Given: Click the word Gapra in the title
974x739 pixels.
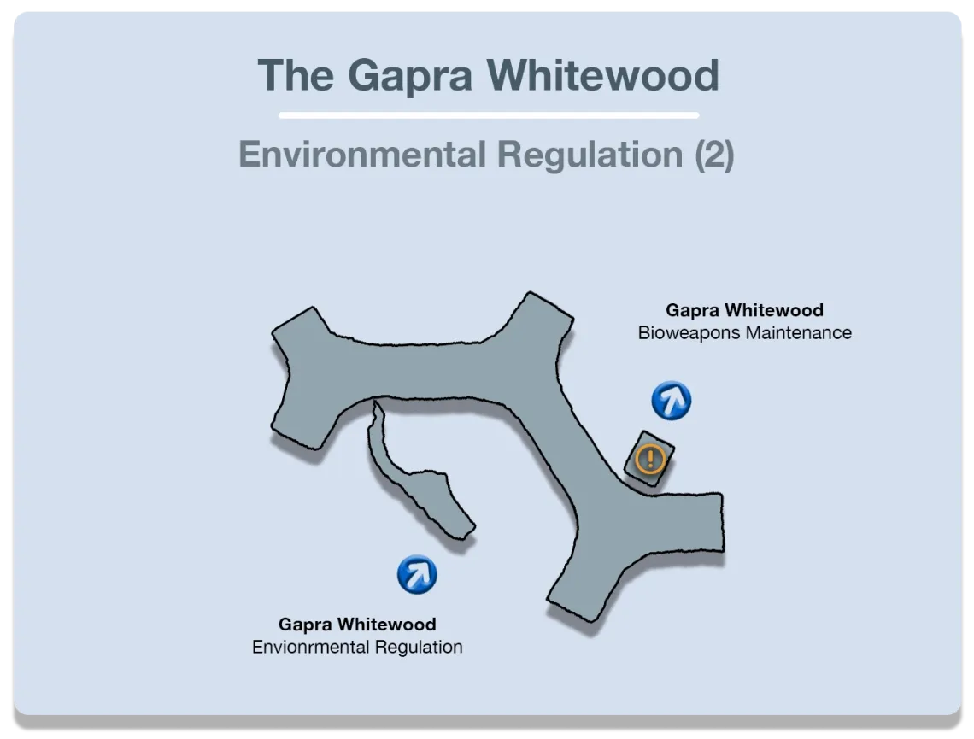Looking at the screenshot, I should [409, 75].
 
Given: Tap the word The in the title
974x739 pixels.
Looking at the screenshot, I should [296, 75].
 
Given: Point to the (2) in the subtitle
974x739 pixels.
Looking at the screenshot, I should [713, 155].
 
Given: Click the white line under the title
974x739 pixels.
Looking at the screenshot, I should [488, 115].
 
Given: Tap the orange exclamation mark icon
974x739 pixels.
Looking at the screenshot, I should [650, 460].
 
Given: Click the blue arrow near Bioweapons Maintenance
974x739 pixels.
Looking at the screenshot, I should [671, 401].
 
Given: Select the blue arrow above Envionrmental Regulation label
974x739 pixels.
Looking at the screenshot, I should [417, 575].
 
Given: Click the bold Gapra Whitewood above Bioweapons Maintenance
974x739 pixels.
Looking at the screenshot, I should [744, 310].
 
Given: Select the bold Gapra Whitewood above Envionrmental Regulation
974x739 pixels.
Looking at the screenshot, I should [357, 625].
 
